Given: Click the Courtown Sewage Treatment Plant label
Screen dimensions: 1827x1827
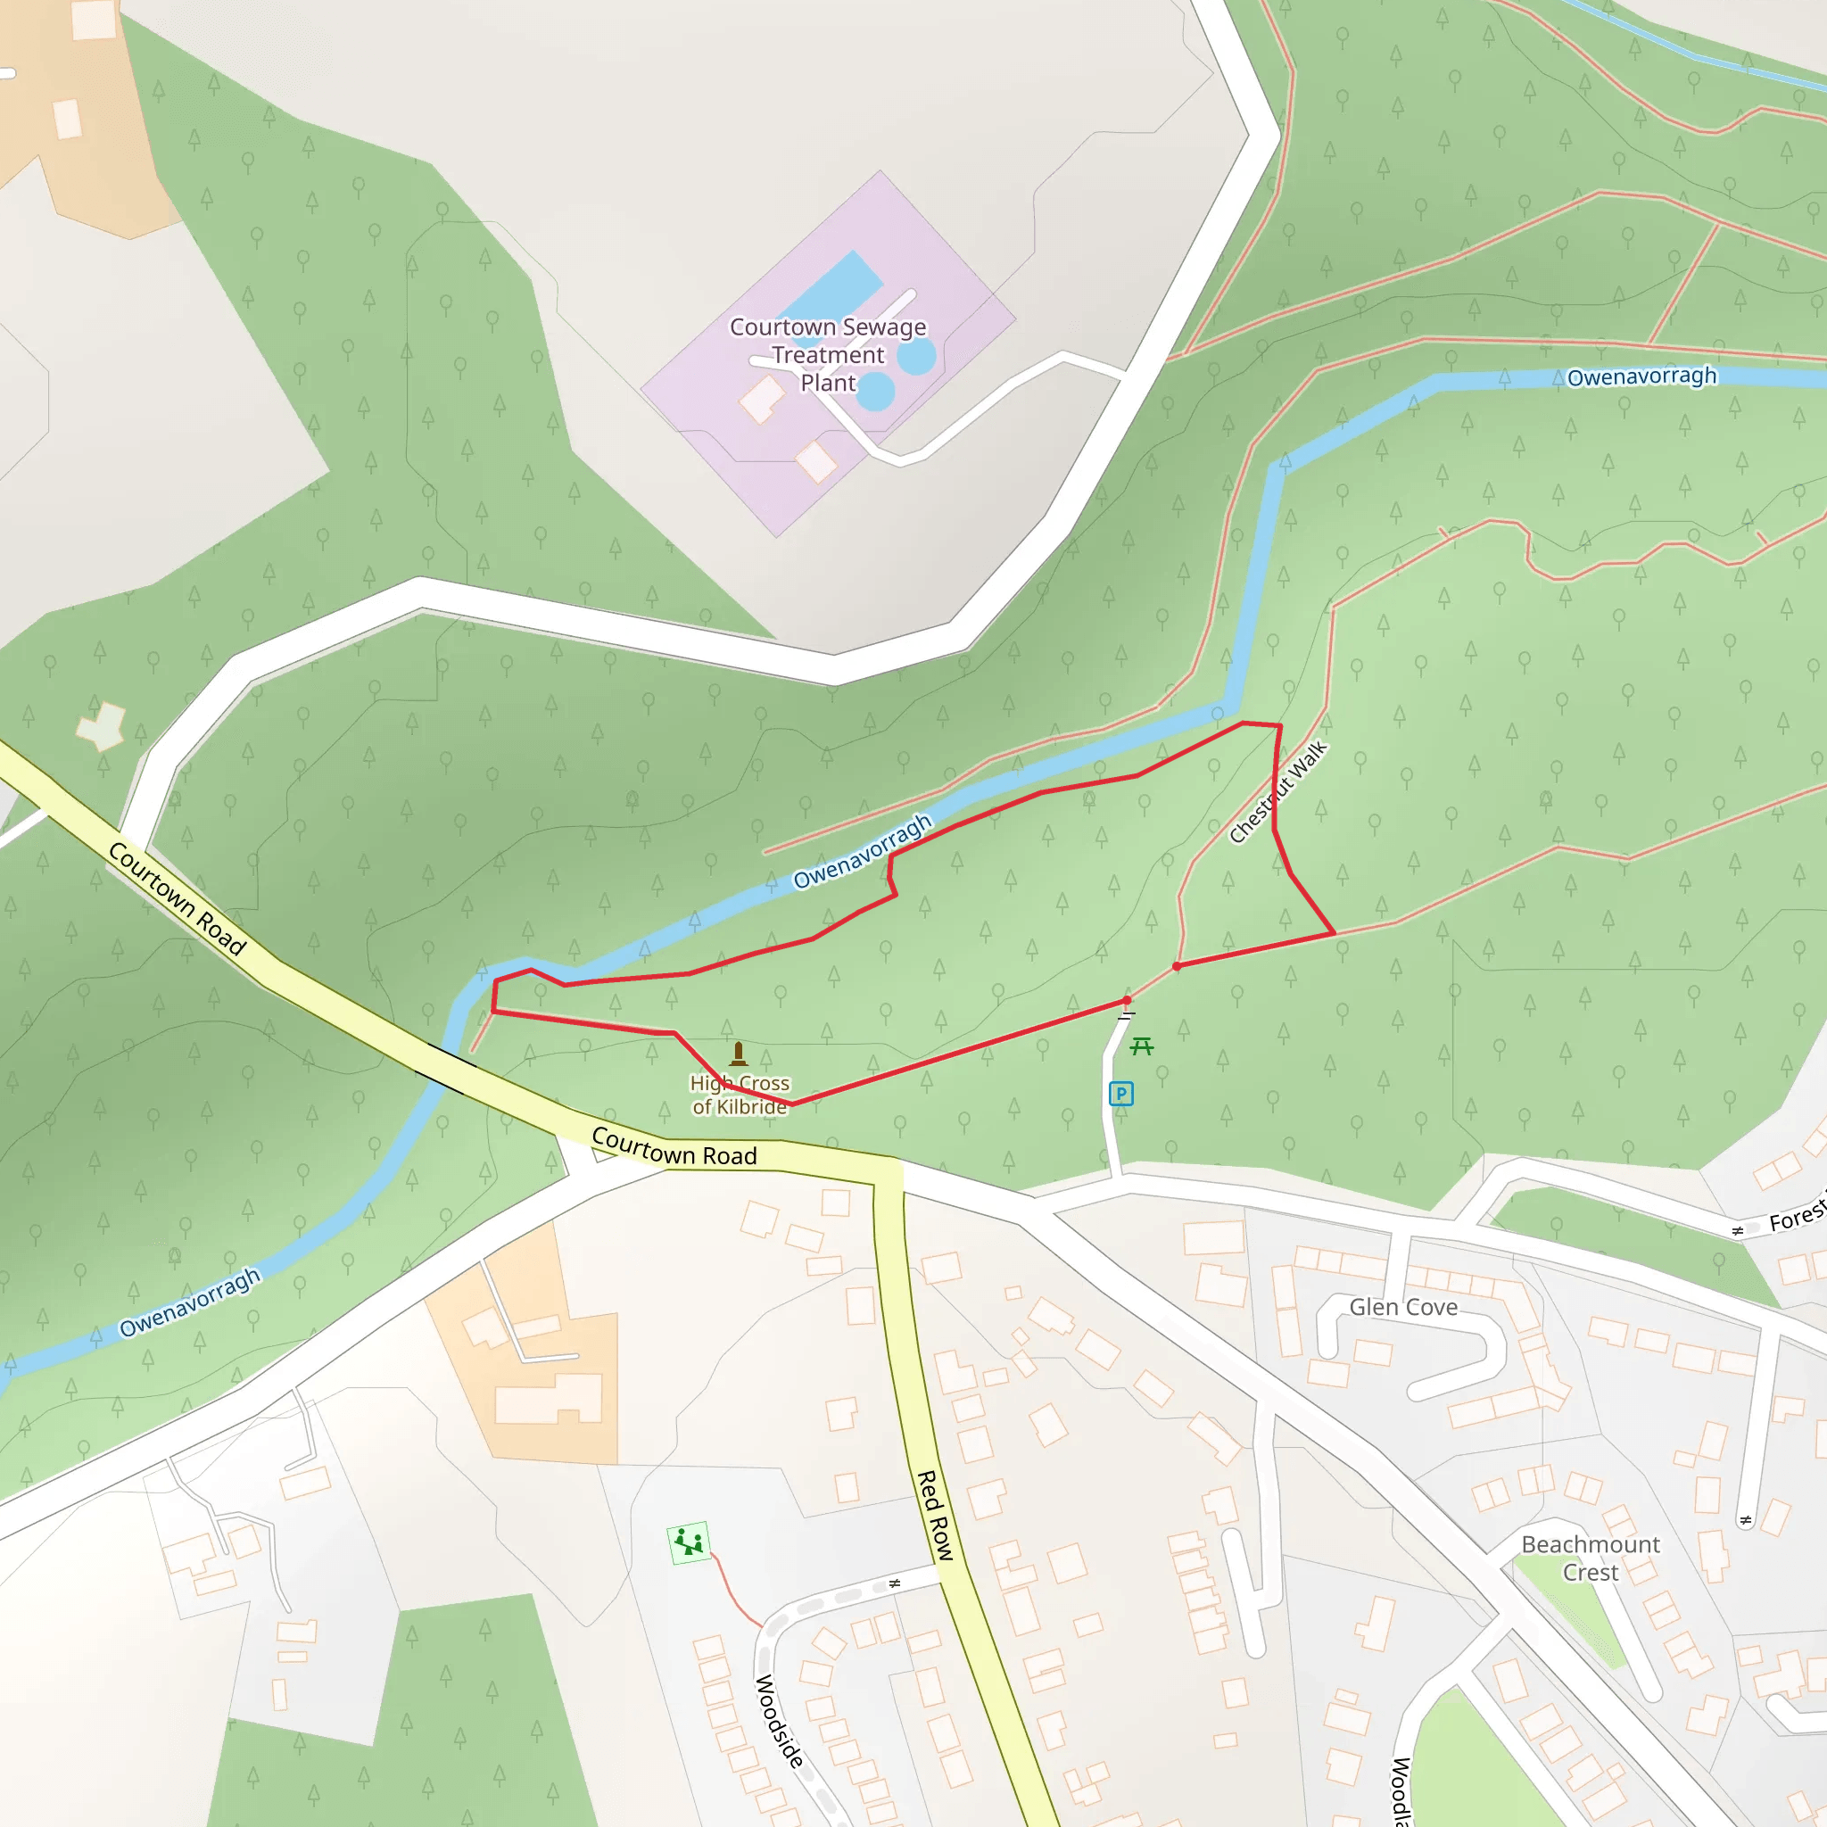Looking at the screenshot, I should pos(828,355).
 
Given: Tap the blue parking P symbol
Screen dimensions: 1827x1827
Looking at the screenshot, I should pos(1120,1094).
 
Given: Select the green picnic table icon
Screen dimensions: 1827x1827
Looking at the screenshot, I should pos(1141,1046).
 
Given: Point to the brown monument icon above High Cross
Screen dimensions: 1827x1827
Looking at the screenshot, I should pos(739,1054).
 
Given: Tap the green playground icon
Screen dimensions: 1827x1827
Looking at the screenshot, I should pos(690,1543).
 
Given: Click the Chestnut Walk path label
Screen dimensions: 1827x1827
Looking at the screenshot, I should pos(1277,792).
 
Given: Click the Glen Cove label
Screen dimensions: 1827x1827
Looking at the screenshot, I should pos(1403,1307).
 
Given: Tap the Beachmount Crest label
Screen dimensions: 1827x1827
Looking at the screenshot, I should pos(1591,1558).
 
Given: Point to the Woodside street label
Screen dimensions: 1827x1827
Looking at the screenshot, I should pos(779,1721).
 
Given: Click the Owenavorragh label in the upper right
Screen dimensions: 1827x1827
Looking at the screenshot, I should pos(1641,376).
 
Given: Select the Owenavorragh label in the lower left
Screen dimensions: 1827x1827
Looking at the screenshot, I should pos(189,1302).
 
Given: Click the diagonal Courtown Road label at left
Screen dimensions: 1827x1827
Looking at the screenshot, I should pos(177,898).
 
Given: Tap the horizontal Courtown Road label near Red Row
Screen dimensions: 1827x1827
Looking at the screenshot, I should pos(674,1147).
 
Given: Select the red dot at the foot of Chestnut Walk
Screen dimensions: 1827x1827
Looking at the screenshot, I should pos(1177,966).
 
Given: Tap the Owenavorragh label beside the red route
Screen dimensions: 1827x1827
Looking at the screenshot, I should pos(862,851).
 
